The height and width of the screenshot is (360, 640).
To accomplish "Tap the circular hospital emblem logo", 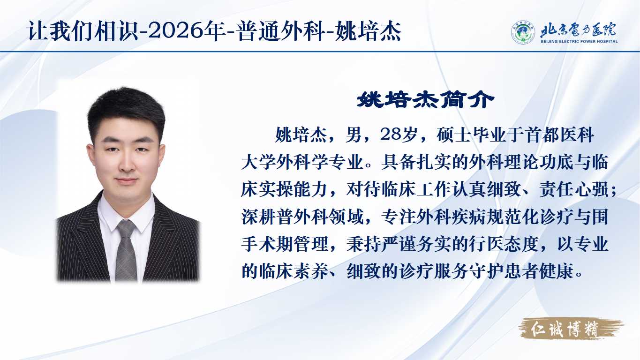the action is [x=523, y=32].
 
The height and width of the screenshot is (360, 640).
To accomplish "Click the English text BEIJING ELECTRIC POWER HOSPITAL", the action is [x=579, y=41].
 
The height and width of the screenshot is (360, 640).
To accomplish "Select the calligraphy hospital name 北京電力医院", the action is [x=578, y=30].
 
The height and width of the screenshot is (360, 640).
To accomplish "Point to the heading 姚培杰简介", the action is [x=425, y=100].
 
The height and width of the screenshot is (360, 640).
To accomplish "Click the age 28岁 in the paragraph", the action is [x=398, y=135].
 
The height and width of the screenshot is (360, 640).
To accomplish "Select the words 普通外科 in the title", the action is [x=281, y=31].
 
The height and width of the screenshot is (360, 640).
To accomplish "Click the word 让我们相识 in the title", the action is [x=83, y=31].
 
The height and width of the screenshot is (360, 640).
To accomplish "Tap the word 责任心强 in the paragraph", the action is [x=574, y=189].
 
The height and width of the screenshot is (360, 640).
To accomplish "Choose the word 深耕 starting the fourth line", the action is [x=258, y=217].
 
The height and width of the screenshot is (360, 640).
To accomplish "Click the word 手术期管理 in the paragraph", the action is [x=285, y=244].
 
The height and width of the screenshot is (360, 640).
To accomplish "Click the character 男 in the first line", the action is [x=354, y=135].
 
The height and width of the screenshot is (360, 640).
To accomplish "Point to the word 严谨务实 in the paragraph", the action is [x=416, y=244].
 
